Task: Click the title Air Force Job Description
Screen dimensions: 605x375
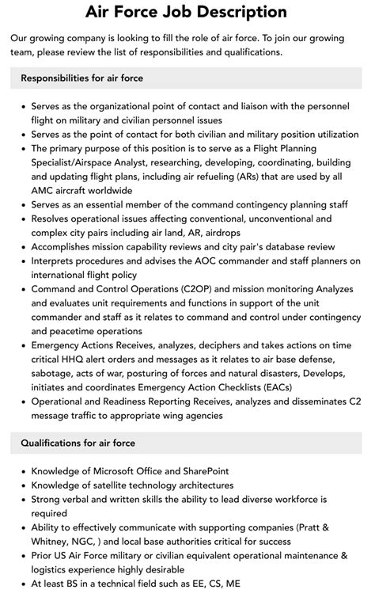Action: (x=187, y=12)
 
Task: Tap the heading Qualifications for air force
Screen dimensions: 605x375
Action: (x=78, y=443)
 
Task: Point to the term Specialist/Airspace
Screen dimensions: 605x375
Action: (x=82, y=162)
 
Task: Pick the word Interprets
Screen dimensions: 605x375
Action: (x=56, y=261)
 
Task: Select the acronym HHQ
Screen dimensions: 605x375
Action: (x=83, y=360)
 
